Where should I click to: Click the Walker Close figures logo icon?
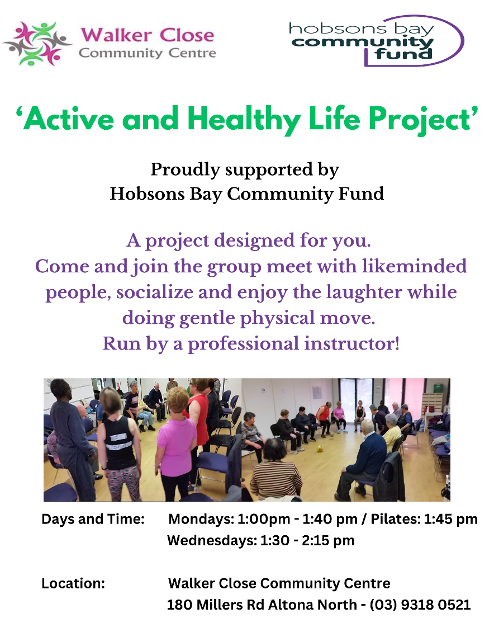pos(37,44)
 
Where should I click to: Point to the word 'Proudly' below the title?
pos(185,170)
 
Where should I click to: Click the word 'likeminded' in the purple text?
pos(415,266)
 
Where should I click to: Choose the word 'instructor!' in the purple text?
pos(352,344)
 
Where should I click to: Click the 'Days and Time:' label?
pos(93,519)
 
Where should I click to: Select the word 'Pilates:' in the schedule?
pos(396,519)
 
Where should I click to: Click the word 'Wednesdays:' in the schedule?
pos(212,540)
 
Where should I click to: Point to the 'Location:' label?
pos(73,583)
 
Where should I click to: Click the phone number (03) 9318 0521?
pos(420,605)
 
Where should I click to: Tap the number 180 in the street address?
pos(179,605)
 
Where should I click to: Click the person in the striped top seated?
pos(275,469)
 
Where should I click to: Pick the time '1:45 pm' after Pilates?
pos(451,519)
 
